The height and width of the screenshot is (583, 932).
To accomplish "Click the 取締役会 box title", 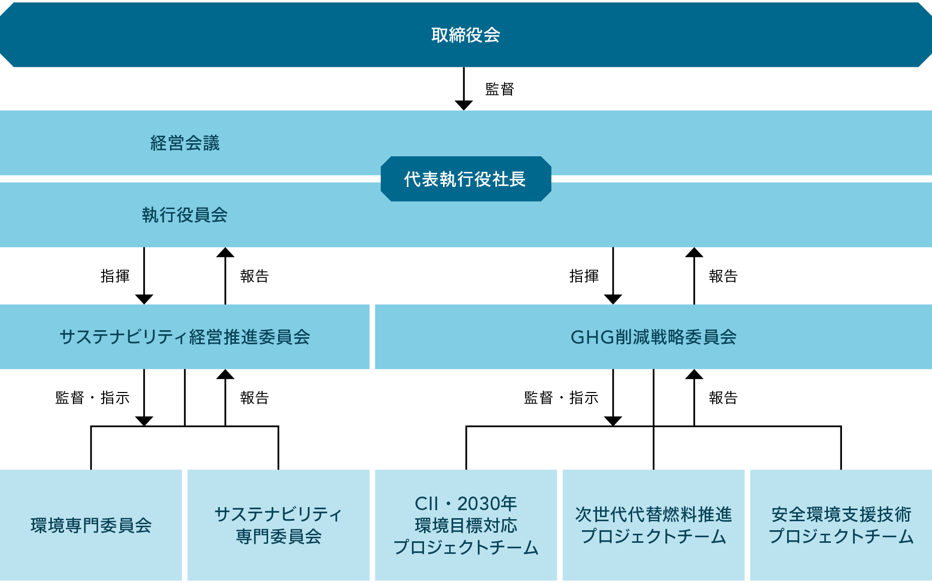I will (x=466, y=35).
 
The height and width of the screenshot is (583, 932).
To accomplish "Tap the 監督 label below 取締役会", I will (x=499, y=89).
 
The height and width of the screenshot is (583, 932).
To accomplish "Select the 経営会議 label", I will (x=185, y=143).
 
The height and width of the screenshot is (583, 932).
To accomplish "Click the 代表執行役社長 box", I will (x=466, y=179).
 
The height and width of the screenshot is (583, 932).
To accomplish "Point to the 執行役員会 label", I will (x=185, y=215).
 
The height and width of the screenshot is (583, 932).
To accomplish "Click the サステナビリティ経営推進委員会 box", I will (x=185, y=337).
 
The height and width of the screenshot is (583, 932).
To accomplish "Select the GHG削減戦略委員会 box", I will (x=653, y=337).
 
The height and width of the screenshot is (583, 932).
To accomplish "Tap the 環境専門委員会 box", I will (x=91, y=525).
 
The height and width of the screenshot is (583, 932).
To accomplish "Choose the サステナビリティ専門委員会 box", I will (x=278, y=525).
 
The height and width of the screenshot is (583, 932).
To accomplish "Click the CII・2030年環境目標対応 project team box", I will (x=466, y=525).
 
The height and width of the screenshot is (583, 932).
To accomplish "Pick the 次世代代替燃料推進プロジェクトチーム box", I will (x=653, y=525).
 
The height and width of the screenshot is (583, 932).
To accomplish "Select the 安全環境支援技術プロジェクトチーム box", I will (x=841, y=525).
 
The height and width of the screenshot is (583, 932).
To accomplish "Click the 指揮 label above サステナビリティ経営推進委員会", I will (x=115, y=276).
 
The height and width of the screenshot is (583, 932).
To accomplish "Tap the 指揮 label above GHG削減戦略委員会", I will (x=583, y=276).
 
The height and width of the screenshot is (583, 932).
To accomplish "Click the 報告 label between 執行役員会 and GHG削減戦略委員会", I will (x=723, y=276).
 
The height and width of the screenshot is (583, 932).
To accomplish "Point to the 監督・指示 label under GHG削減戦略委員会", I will (x=561, y=398).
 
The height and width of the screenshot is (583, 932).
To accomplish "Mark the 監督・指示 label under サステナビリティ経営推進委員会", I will (x=92, y=398).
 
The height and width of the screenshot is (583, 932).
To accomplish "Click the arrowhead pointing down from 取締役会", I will (x=464, y=105).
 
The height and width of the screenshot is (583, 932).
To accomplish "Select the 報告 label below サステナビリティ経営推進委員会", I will (x=254, y=398).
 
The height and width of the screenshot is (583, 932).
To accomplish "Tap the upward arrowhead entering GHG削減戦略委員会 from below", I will (x=694, y=374).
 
